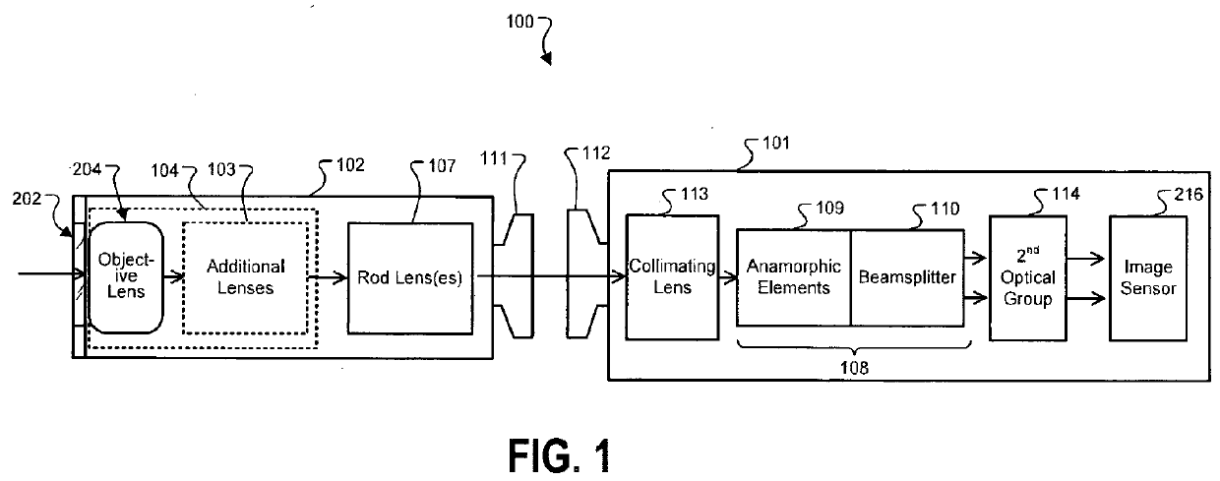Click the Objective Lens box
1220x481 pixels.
coord(126,277)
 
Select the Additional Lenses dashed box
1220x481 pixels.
coord(245,277)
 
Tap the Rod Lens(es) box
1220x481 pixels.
coord(410,277)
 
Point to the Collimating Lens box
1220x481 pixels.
coord(672,277)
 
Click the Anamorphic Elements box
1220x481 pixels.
coord(794,277)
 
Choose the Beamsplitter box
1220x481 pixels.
coord(907,277)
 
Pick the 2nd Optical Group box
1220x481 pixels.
coord(1028,278)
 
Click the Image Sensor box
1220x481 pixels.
coord(1148,278)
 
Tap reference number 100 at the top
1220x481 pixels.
coord(519,22)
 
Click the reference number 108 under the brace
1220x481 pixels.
coord(854,368)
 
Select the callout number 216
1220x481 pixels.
coord(1189,195)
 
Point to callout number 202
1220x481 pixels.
coord(27,199)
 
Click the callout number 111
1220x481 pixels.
coord(494,158)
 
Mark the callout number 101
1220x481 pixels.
coord(776,144)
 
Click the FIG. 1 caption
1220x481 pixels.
coord(560,455)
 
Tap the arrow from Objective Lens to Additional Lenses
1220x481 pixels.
coord(174,277)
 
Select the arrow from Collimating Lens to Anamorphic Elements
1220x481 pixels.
coord(728,278)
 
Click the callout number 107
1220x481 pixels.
coord(442,165)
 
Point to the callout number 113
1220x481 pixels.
coord(695,194)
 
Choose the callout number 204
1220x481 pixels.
coord(88,169)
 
